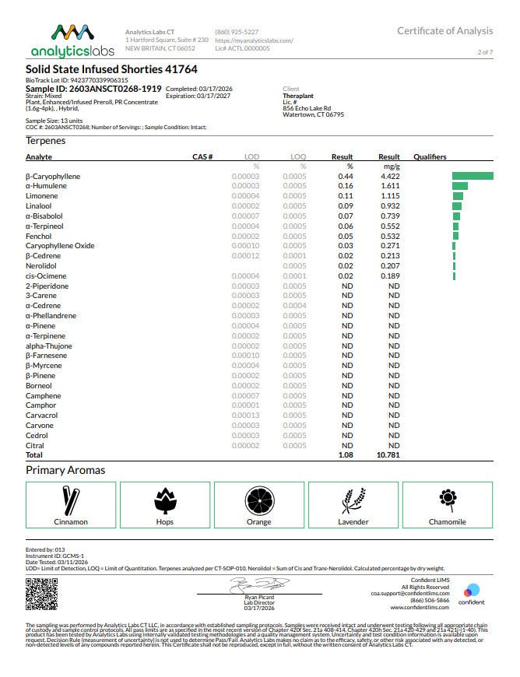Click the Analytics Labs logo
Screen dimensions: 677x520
pos(71,40)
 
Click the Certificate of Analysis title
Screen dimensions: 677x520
pos(444,31)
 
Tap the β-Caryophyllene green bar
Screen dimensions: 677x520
pos(473,177)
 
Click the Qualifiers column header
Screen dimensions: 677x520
pos(430,157)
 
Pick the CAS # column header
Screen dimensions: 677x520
pos(202,157)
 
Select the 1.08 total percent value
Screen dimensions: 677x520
pos(346,454)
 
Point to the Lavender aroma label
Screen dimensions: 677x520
pos(353,522)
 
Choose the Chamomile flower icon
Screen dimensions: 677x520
pos(447,497)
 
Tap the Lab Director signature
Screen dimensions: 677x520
pos(260,584)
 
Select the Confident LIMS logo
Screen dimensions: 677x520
pos(471,594)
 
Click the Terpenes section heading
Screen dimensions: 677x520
pos(46,141)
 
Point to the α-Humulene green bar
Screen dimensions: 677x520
pos(459,187)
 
